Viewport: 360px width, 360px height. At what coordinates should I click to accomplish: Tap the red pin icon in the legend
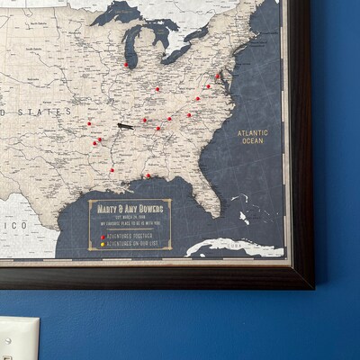coord(103,237)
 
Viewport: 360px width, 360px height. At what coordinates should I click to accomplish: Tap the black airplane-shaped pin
coord(124,125)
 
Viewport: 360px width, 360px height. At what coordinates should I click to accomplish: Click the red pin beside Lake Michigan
coord(126,65)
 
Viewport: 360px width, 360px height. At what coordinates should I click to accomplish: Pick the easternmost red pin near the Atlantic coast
coord(217,76)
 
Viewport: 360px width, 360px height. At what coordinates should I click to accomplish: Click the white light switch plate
coord(19,339)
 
